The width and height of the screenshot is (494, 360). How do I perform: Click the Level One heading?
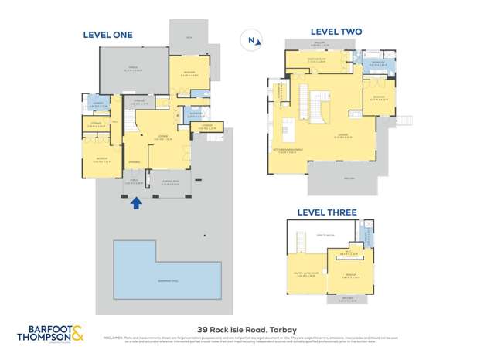click(x=108, y=35)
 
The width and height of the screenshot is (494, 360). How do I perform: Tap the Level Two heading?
click(x=336, y=32)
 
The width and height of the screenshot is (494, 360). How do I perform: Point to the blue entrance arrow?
click(x=136, y=203)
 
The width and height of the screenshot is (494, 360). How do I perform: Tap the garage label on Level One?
click(x=133, y=69)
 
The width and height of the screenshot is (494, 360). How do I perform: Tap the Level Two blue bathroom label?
click(x=376, y=63)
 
